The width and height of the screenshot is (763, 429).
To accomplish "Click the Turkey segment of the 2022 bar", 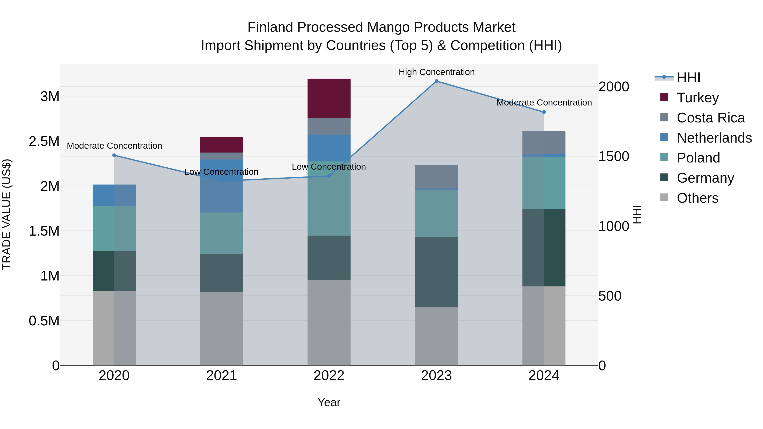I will click(329, 98).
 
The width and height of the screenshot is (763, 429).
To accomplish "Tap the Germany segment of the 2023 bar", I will click(436, 272).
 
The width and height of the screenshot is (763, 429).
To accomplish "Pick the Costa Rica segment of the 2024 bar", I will click(544, 142).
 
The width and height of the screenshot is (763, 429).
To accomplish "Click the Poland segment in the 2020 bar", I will click(114, 228).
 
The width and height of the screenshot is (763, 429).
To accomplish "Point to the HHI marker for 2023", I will click(436, 81).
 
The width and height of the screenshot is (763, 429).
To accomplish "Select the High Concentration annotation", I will click(436, 72).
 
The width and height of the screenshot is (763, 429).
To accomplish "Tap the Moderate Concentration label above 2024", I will click(544, 103).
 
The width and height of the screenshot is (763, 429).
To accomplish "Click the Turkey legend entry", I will click(698, 98).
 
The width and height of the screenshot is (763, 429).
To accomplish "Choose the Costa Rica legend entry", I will click(710, 118).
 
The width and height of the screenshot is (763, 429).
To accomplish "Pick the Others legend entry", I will click(697, 198).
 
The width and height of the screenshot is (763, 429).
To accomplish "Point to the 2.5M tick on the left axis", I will click(44, 142).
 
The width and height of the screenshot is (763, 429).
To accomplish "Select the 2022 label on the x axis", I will click(329, 376).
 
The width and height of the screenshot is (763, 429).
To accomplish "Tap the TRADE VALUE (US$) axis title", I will click(7, 214).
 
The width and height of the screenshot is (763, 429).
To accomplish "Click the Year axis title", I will click(329, 402).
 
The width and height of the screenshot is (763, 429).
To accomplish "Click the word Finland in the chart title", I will click(270, 27).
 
